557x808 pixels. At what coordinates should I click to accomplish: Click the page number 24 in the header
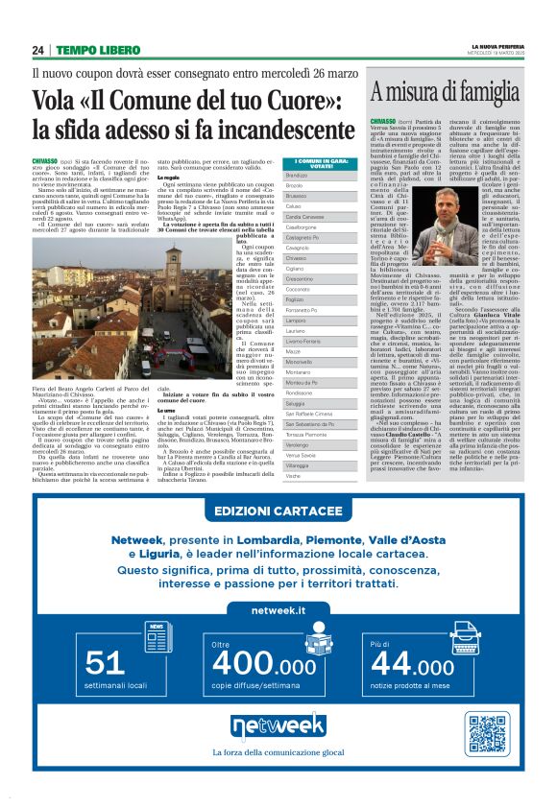pyautogui.click(x=38, y=50)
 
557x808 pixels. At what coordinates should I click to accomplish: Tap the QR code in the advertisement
pyautogui.click(x=487, y=733)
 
